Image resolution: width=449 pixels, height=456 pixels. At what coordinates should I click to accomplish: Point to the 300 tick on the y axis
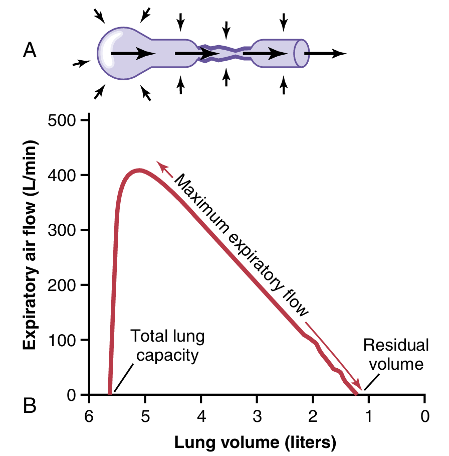(x=86, y=230)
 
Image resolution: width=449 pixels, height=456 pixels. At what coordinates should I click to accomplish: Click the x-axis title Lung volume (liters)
(x=255, y=442)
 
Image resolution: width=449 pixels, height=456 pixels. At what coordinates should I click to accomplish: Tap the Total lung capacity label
(x=167, y=346)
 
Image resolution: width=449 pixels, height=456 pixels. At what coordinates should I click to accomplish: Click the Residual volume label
(x=396, y=354)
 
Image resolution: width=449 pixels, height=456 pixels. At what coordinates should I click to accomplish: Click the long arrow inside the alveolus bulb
(x=133, y=53)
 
